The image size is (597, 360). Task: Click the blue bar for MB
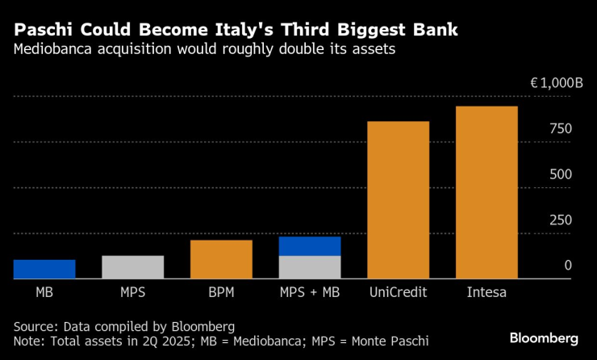44,269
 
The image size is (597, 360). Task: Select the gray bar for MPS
133,267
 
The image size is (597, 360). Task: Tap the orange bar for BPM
221,259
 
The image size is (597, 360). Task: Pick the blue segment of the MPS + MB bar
310,246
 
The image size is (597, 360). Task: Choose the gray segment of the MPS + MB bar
310,267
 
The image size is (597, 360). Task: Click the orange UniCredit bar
398,200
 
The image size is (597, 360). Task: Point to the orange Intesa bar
486,192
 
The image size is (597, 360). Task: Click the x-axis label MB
44,292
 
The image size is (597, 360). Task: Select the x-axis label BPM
221,292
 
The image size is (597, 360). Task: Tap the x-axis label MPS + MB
310,292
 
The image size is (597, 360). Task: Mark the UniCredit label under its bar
398,292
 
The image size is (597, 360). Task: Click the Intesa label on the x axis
486,292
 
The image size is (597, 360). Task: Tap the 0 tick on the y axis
567,266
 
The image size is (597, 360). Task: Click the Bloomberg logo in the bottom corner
544,337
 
